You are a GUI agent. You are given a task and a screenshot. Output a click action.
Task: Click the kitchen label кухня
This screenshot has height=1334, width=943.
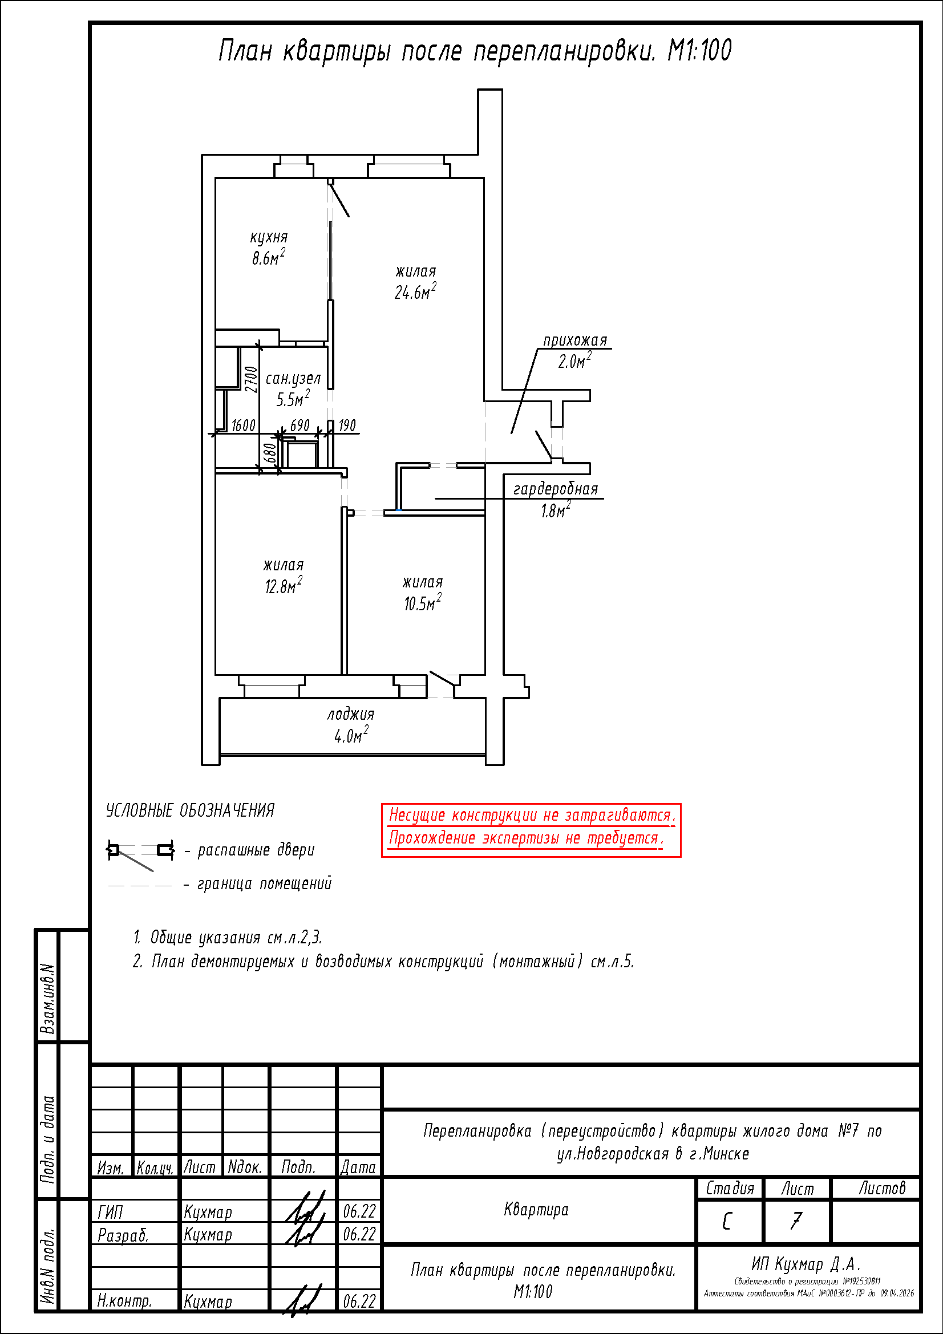tap(269, 238)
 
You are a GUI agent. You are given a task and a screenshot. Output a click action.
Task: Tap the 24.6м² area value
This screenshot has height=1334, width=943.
tap(415, 291)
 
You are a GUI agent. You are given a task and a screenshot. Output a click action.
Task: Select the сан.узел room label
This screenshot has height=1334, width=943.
tap(293, 379)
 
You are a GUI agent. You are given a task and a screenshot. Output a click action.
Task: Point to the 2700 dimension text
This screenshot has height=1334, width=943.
tap(250, 379)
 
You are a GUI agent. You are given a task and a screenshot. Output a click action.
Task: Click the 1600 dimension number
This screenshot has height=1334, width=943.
tap(243, 425)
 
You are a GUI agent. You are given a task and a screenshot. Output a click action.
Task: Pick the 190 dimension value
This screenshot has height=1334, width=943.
tap(347, 425)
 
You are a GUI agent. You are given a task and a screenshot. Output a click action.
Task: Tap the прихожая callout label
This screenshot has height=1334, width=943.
tap(575, 340)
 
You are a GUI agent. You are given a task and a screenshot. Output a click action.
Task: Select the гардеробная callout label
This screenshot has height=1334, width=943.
tap(556, 489)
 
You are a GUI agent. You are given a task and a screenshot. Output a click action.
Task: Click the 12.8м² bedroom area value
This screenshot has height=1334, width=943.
tap(284, 585)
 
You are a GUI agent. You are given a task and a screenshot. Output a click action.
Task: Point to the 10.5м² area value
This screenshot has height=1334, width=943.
tap(422, 602)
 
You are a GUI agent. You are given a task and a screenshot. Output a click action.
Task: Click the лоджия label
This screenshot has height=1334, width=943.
tap(350, 714)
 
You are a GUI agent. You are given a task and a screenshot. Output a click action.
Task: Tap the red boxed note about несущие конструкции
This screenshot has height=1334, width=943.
tap(531, 830)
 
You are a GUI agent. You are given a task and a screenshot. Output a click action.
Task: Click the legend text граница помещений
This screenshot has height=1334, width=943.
tap(264, 883)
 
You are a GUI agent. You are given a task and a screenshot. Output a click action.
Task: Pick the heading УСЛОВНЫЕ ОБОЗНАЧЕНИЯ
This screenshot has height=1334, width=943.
tap(190, 810)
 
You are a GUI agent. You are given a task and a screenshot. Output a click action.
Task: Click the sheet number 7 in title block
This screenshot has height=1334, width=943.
tap(795, 1221)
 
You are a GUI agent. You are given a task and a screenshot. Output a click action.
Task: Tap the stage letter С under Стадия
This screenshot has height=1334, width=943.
tap(727, 1221)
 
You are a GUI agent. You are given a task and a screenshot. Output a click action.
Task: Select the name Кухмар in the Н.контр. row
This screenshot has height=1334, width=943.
tap(208, 1301)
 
